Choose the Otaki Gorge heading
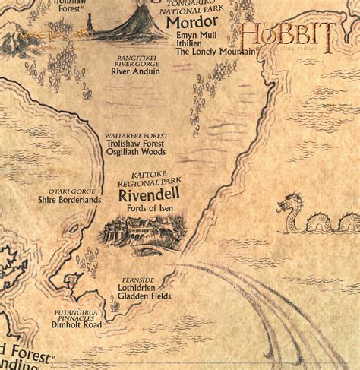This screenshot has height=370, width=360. pos(70,190)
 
